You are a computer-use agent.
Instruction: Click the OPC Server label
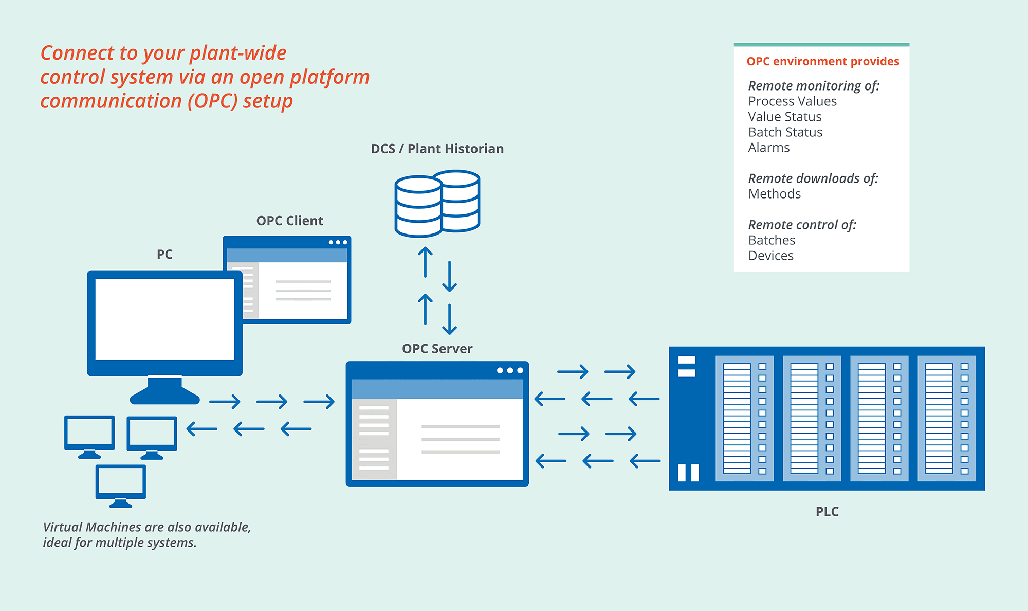(x=437, y=349)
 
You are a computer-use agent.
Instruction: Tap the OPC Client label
(x=290, y=221)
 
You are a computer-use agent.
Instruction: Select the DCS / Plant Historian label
(x=437, y=149)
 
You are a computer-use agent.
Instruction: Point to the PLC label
(x=827, y=512)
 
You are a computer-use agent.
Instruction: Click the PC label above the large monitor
(x=164, y=254)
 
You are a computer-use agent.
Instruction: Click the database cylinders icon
(x=437, y=204)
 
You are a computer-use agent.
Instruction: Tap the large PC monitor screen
(x=164, y=319)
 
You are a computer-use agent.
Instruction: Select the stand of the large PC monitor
(x=164, y=391)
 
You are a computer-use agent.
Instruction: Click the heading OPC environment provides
(x=823, y=61)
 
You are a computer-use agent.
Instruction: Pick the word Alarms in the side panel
(x=769, y=148)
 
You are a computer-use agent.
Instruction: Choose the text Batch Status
(x=785, y=132)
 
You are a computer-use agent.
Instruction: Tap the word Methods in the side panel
(x=775, y=194)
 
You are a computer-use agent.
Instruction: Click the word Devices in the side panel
(x=771, y=256)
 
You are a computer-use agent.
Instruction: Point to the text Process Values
(x=793, y=101)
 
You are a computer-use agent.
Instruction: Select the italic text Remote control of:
(x=802, y=225)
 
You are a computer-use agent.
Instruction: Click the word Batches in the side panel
(x=772, y=240)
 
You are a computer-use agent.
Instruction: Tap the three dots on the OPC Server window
(x=510, y=370)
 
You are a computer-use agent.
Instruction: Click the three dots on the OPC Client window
(x=338, y=242)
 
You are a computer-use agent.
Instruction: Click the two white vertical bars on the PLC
(x=688, y=473)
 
